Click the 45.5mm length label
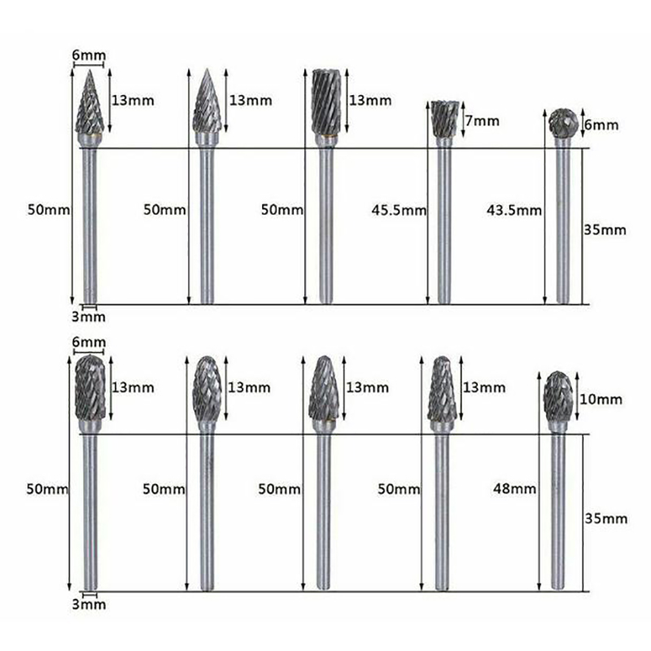tap(399, 211)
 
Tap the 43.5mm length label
tap(514, 211)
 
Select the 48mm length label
tap(514, 489)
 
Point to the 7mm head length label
tap(482, 120)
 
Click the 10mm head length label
tap(601, 400)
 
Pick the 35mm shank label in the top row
tap(605, 229)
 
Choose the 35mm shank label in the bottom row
tap(605, 518)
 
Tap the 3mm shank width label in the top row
tap(89, 317)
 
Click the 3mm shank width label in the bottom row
tap(89, 604)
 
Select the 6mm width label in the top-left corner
tap(89, 55)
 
